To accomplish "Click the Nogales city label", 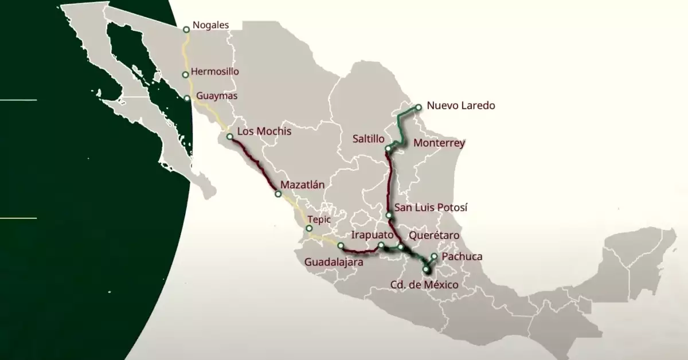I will [210, 25].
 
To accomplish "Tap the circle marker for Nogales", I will [186, 29].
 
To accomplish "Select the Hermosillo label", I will [214, 72].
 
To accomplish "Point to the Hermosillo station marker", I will [185, 75].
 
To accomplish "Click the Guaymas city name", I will [217, 96].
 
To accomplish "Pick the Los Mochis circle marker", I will [229, 137].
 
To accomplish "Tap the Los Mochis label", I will [264, 131].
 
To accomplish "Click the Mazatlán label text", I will [303, 185].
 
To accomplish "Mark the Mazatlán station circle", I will [278, 194].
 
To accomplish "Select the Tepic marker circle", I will [309, 228].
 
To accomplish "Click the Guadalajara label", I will [334, 262].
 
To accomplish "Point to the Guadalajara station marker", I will [341, 246].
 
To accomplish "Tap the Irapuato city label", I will [372, 235].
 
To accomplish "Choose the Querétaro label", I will [433, 235].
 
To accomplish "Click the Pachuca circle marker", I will [435, 256].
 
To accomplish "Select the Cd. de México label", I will [424, 284].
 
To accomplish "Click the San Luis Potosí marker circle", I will [389, 216].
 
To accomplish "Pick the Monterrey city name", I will [439, 143].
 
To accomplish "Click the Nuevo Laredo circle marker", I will [419, 107].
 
